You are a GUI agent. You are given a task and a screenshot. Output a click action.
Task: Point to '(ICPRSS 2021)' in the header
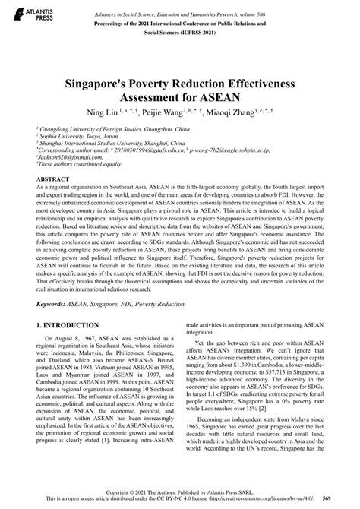pos(180,33)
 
